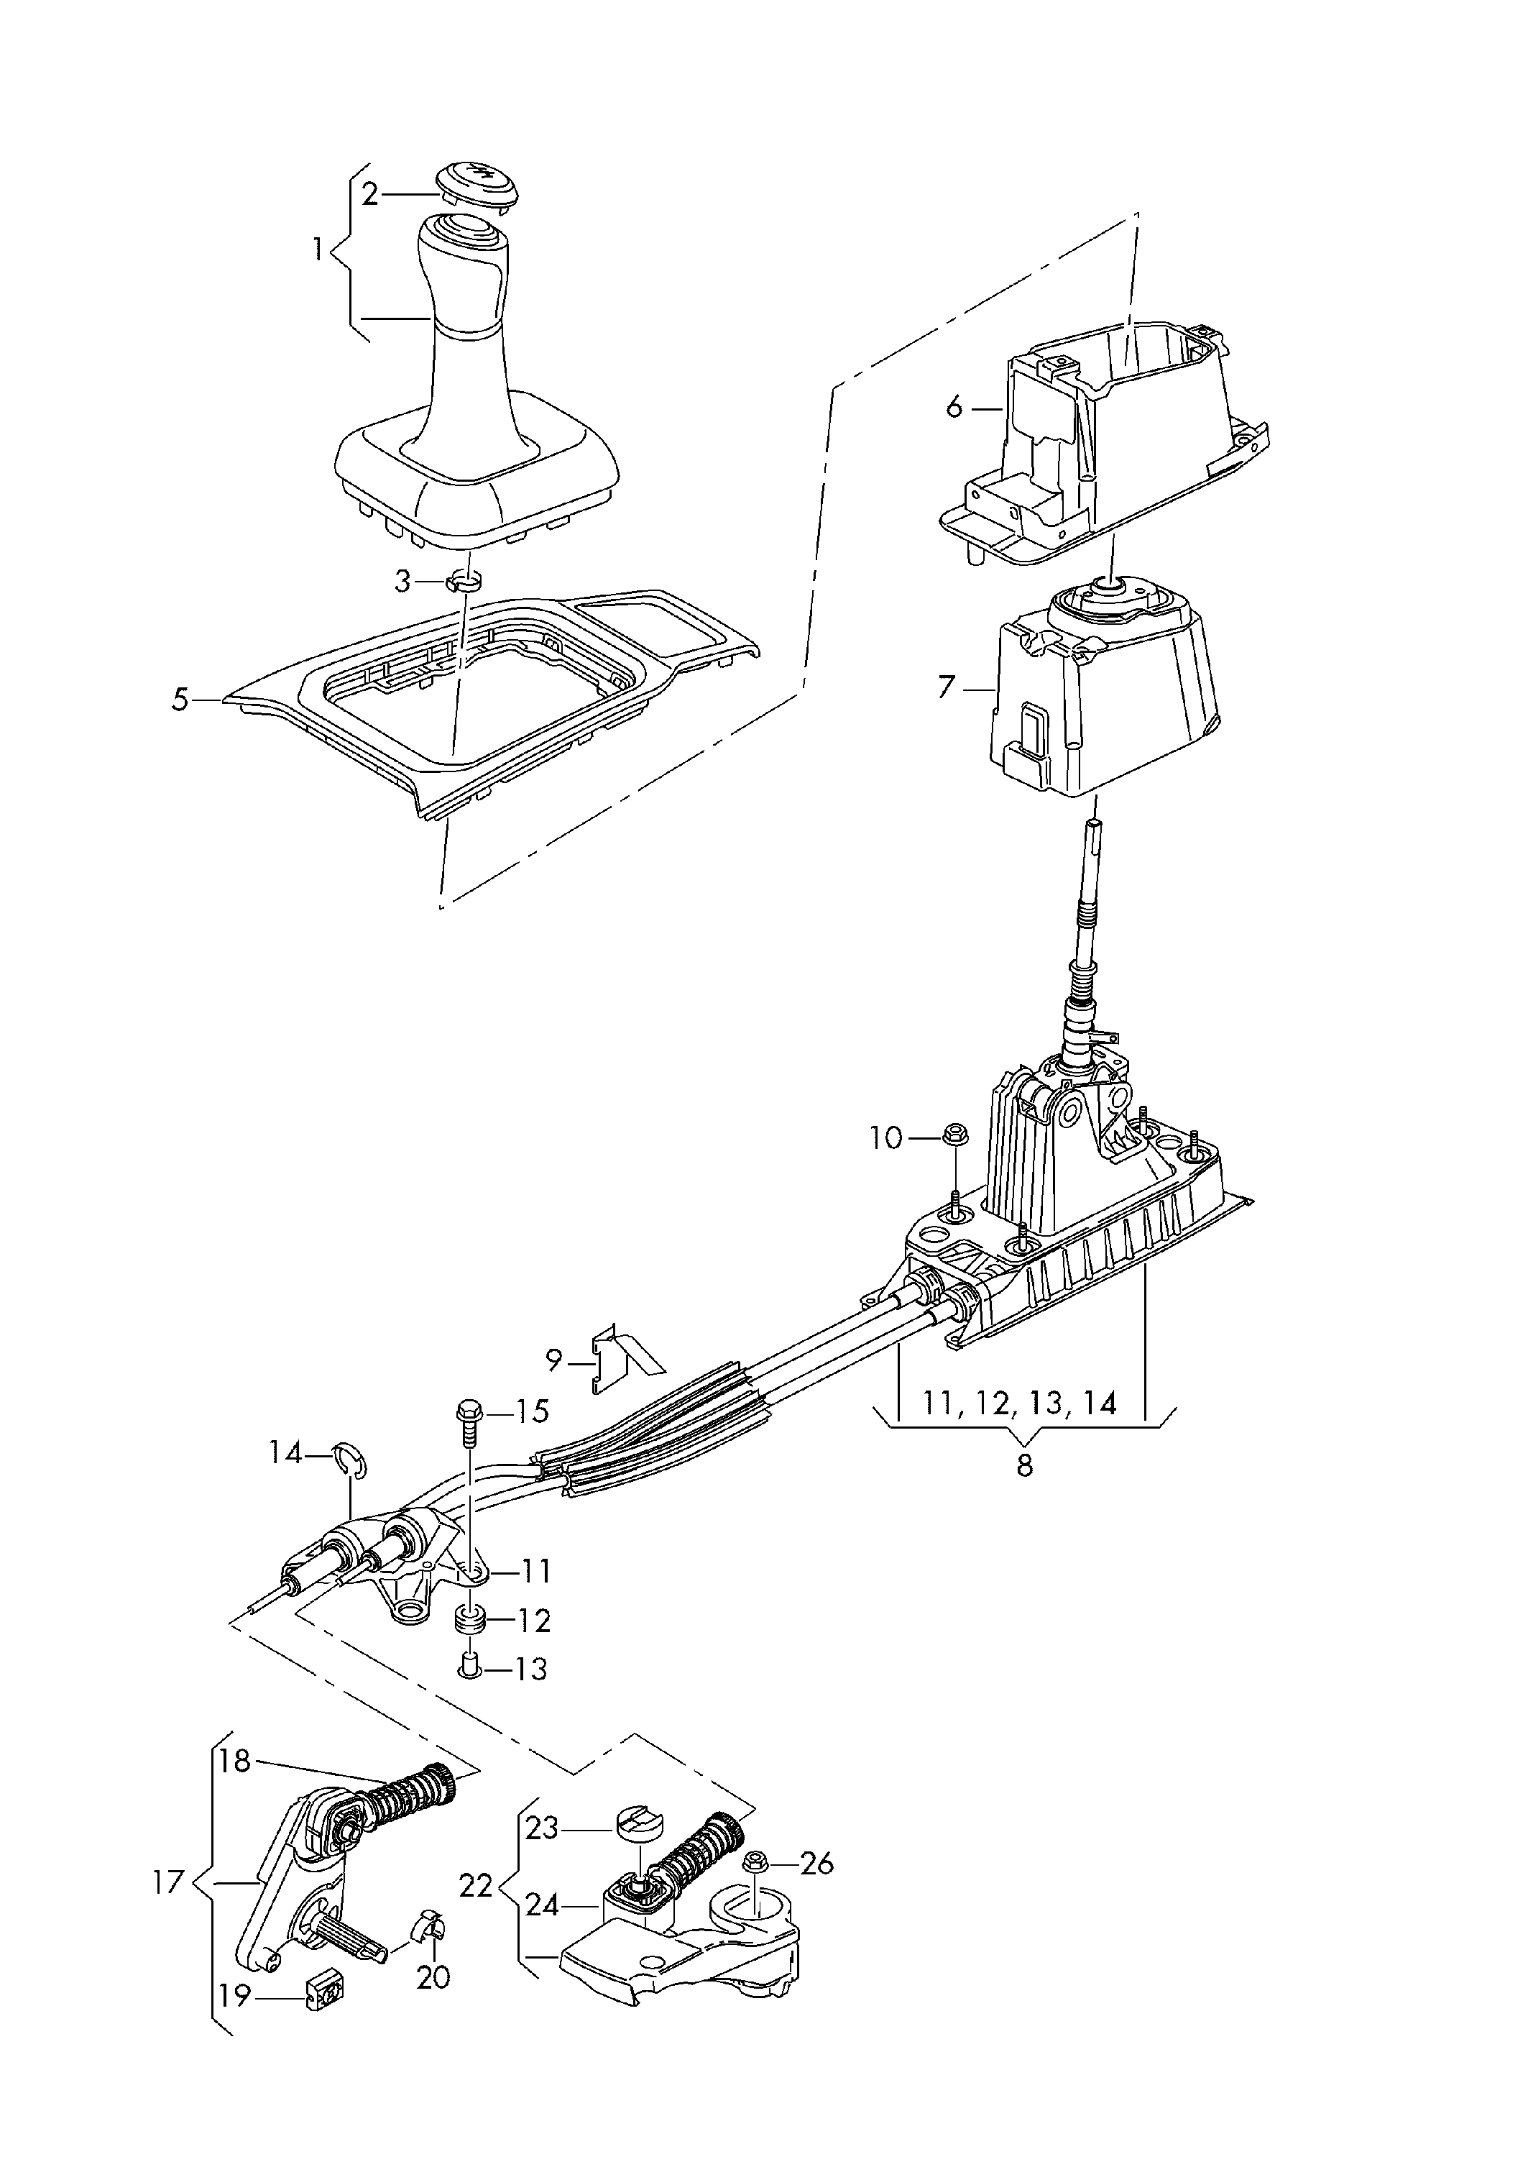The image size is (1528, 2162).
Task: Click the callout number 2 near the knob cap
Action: (369, 194)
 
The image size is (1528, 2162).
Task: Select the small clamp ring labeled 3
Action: (464, 581)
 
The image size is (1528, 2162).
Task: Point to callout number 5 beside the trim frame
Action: (180, 700)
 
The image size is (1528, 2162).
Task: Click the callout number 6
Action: (954, 408)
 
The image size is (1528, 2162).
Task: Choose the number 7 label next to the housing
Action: (946, 687)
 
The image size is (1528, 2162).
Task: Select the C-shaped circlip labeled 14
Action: (353, 1460)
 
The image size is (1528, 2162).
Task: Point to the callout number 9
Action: (553, 1360)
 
